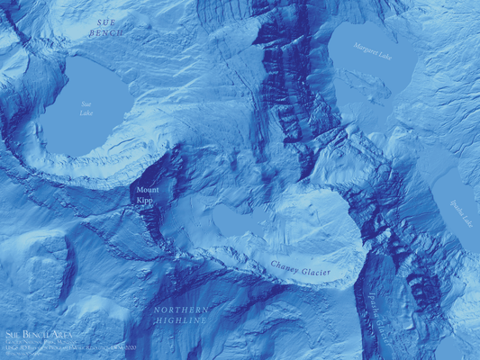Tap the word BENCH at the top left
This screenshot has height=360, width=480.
tap(105, 32)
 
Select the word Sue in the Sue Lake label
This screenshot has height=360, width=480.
tap(86, 103)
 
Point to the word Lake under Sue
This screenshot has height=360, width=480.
tap(86, 113)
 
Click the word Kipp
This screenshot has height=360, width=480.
tap(145, 201)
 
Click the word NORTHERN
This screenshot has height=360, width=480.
tap(180, 309)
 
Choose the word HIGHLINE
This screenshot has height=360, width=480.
tap(180, 319)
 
